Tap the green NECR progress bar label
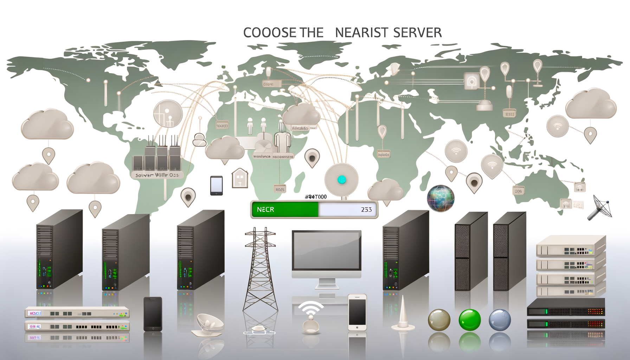[x=266, y=210]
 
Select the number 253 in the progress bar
[x=366, y=210]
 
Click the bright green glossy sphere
[x=470, y=320]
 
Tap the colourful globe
[x=441, y=198]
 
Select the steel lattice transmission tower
[x=260, y=271]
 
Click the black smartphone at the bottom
[x=153, y=314]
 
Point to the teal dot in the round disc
[x=341, y=180]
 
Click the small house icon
[x=240, y=178]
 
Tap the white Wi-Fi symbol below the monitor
[x=311, y=309]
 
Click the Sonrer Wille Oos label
[x=157, y=175]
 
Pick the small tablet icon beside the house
[x=216, y=185]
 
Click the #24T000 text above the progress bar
[x=316, y=197]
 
